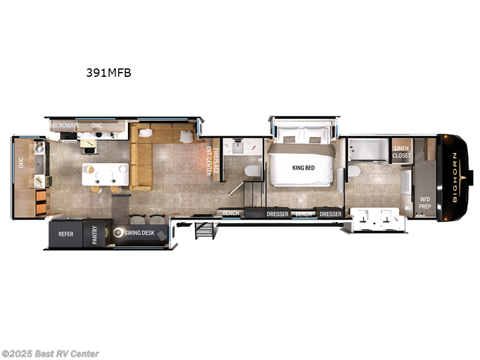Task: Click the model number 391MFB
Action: [108, 73]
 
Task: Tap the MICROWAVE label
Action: [65, 125]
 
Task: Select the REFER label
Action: [65, 233]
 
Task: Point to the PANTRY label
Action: [94, 233]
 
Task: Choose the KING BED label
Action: [303, 168]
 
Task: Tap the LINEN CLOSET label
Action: [401, 152]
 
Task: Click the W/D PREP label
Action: [425, 203]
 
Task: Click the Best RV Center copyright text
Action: [50, 354]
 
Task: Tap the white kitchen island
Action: [106, 175]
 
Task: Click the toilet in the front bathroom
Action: [353, 172]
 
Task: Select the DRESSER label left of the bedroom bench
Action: [278, 214]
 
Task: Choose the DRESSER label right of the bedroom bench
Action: [331, 214]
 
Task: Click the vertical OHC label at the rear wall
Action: [20, 163]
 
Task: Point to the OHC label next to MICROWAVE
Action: [97, 125]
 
